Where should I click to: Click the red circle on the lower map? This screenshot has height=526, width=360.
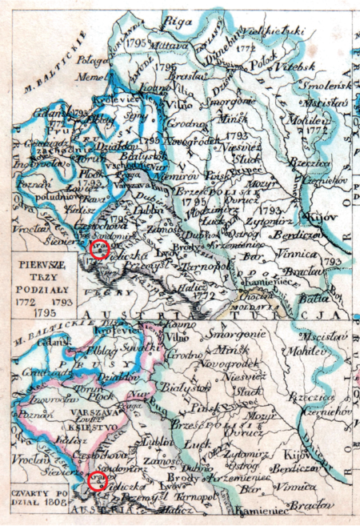tap(98, 481)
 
